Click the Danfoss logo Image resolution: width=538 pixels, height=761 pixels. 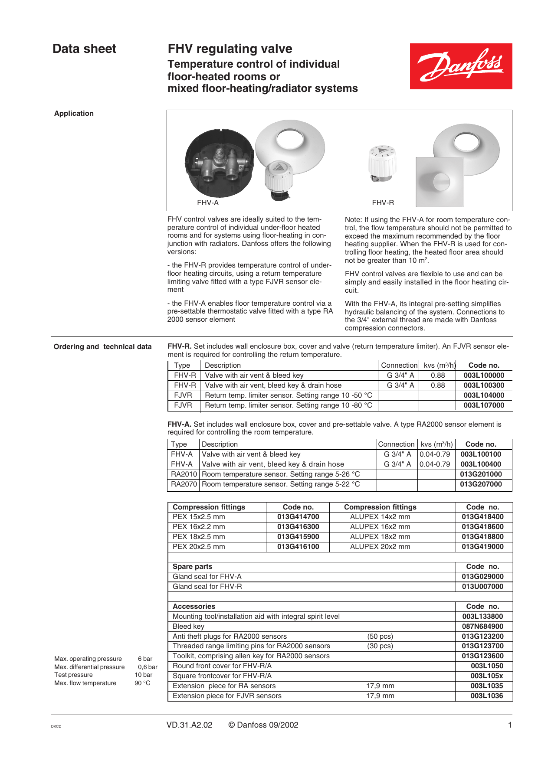[461, 66]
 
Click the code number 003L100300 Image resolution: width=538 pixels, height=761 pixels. [484, 385]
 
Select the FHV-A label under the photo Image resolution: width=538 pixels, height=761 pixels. [208, 202]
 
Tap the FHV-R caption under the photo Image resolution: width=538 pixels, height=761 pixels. [383, 202]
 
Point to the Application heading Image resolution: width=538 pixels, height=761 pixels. [74, 113]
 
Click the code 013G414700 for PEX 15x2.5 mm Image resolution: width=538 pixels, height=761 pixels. [298, 517]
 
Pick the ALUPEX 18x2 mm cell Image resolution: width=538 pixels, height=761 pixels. [380, 537]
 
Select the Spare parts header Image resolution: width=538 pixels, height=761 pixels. [193, 567]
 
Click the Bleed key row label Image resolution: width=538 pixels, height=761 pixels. [188, 627]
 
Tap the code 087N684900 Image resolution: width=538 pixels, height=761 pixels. [482, 627]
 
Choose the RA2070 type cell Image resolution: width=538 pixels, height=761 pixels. [184, 484]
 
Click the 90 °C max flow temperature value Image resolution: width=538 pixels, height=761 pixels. [142, 683]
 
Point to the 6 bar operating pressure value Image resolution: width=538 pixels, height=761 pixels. [145, 659]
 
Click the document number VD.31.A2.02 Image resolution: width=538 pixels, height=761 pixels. [189, 725]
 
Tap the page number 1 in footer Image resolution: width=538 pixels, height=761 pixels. [510, 725]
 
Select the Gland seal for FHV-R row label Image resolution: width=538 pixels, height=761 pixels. [207, 587]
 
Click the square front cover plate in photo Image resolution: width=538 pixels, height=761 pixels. [440, 182]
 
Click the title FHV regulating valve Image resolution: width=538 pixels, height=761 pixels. [230, 49]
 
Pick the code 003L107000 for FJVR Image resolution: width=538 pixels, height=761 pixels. [484, 405]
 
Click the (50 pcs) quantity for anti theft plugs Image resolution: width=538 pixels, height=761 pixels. [380, 637]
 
